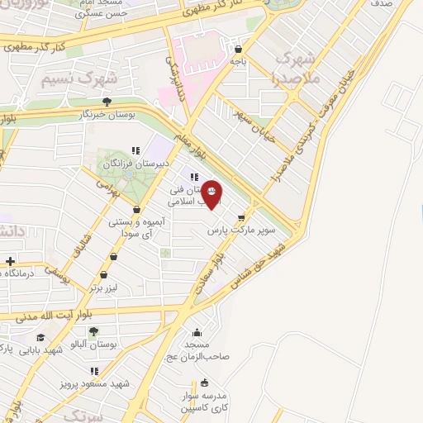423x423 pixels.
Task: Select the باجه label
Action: pos(238,60)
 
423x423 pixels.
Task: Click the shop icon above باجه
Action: pos(238,48)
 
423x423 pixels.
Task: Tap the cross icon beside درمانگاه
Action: pos(9,261)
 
